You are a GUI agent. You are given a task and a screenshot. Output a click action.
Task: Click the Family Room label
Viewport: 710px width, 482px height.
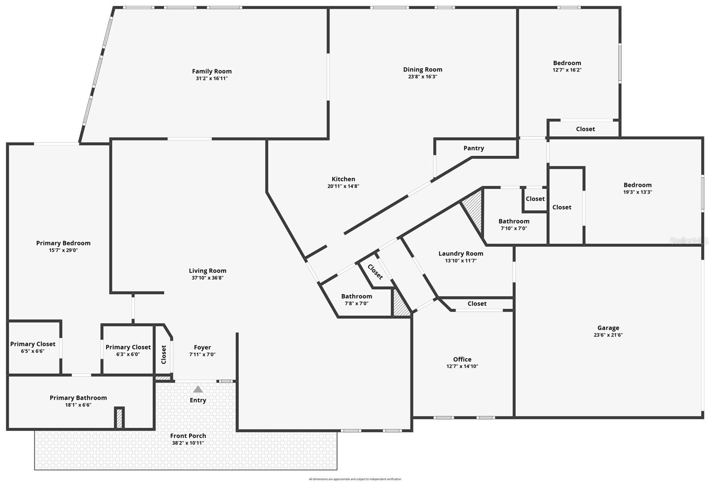212,71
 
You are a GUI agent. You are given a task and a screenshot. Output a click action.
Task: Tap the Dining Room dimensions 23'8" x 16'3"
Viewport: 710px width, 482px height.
422,76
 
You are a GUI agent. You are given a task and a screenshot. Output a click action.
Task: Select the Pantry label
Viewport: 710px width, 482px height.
473,148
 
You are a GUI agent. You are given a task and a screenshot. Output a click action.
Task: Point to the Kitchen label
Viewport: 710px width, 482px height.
343,179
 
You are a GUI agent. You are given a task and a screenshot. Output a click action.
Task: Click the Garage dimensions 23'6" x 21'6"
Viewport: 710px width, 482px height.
608,335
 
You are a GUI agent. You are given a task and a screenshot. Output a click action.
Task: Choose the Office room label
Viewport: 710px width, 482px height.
462,359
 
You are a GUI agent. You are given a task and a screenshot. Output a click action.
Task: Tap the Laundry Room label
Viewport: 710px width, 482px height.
461,253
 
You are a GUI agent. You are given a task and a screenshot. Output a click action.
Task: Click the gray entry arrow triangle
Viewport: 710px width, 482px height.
198,389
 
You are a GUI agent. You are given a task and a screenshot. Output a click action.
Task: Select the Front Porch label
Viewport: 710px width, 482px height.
188,436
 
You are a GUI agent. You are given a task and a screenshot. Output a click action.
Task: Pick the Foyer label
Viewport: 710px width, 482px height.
202,348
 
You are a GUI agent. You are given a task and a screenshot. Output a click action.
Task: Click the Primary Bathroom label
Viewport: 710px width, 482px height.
78,398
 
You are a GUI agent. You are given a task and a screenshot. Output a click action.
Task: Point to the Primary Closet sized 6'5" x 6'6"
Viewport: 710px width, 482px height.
33,344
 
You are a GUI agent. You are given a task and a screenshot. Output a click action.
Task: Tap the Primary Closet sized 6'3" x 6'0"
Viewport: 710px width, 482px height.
128,347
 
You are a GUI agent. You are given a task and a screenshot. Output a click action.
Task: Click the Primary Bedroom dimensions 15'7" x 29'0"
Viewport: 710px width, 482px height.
63,250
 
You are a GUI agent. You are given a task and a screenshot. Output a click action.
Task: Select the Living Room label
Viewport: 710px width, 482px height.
207,271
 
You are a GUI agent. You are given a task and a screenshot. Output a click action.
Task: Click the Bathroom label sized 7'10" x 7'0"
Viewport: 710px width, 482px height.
513,221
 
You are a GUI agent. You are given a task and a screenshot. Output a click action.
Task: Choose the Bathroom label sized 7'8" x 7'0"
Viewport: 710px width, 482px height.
356,296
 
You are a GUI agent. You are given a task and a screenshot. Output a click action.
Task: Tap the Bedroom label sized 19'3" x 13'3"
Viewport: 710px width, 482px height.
637,185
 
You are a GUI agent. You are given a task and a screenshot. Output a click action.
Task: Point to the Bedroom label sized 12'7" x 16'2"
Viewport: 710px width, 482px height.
567,63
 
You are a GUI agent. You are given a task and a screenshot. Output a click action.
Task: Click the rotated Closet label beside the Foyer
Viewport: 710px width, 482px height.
164,355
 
